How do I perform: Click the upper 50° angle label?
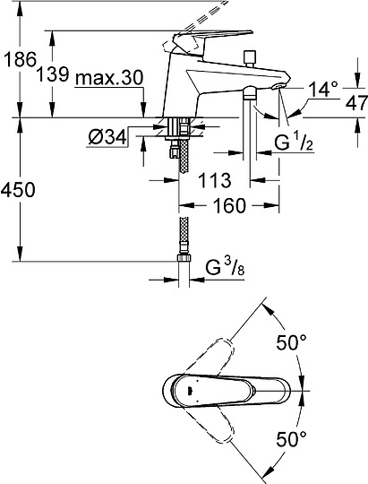(x=291, y=341)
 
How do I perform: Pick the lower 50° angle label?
(x=291, y=441)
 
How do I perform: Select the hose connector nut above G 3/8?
(x=184, y=259)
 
